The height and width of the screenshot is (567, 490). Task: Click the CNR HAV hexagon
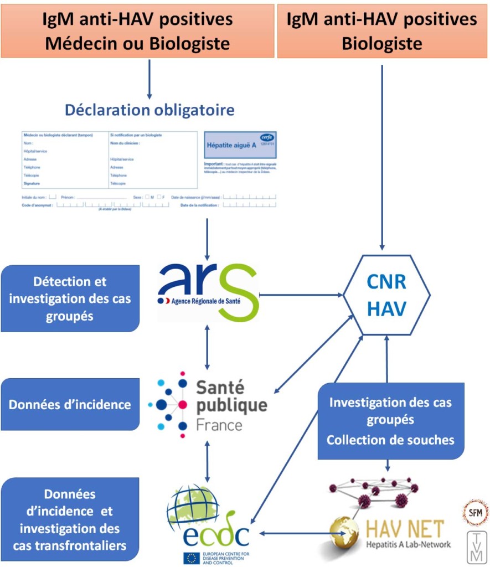pos(386,295)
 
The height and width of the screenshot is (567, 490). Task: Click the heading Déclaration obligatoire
pos(149,110)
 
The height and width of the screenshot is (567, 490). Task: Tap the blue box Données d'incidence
pos(70,404)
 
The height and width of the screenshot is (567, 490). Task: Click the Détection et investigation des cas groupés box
pos(70,298)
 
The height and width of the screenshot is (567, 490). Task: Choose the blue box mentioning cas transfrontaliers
pos(70,519)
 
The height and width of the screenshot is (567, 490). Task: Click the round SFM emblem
pos(476,512)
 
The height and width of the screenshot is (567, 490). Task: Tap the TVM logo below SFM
pos(475,546)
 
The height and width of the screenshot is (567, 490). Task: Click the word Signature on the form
pos(31,183)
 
